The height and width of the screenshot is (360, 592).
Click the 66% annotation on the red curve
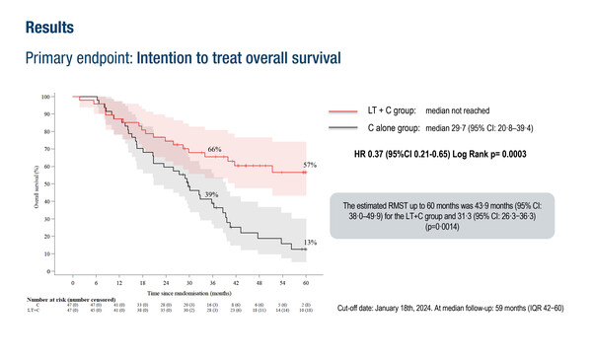(213, 149)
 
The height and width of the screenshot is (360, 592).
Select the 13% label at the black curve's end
(309, 242)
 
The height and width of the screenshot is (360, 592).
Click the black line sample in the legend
(341, 128)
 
